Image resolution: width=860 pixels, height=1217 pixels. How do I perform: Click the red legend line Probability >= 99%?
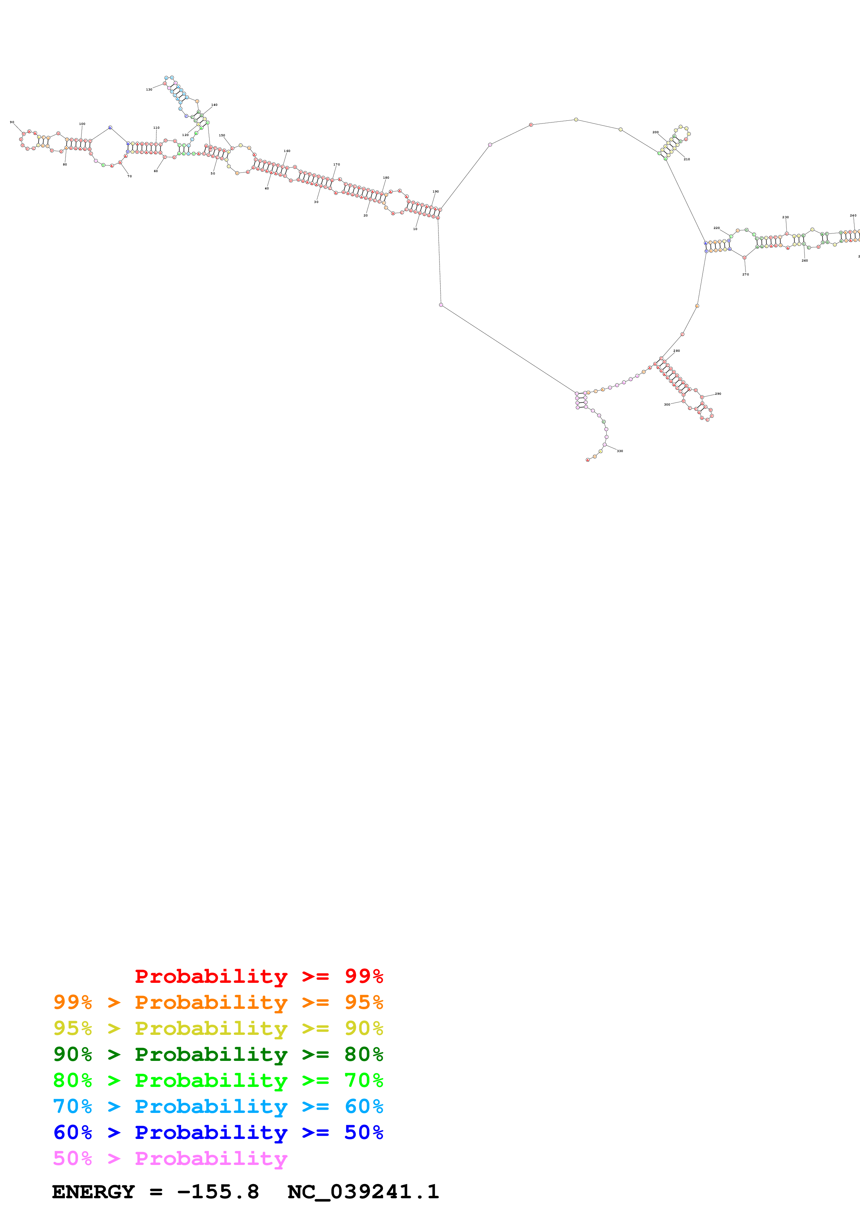pyautogui.click(x=258, y=976)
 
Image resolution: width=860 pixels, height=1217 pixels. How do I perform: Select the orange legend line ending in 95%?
pyautogui.click(x=218, y=1002)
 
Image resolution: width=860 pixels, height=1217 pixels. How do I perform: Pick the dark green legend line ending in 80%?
pyautogui.click(x=218, y=1054)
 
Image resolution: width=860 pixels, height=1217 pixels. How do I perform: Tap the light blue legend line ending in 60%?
pyautogui.click(x=218, y=1106)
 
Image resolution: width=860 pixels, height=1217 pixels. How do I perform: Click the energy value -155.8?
pyautogui.click(x=218, y=1192)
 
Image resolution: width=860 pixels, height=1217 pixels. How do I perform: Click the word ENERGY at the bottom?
pyautogui.click(x=93, y=1192)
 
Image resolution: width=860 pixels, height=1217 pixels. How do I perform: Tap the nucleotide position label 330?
pyautogui.click(x=620, y=451)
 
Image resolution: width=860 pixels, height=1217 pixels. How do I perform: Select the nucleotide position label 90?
pyautogui.click(x=12, y=122)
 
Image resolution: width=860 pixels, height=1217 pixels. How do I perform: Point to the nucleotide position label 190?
pyautogui.click(x=436, y=192)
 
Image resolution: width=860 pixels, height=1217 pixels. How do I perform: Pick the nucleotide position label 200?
pyautogui.click(x=655, y=133)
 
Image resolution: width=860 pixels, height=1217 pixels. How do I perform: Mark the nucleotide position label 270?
pyautogui.click(x=746, y=274)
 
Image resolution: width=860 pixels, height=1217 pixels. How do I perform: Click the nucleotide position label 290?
pyautogui.click(x=718, y=394)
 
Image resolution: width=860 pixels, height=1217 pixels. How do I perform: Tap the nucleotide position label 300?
pyautogui.click(x=667, y=405)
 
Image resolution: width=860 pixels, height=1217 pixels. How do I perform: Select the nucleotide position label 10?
pyautogui.click(x=415, y=229)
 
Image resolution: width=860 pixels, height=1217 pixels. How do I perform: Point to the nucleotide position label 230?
pyautogui.click(x=785, y=217)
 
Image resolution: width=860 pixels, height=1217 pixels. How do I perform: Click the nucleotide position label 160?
pyautogui.click(x=287, y=151)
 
